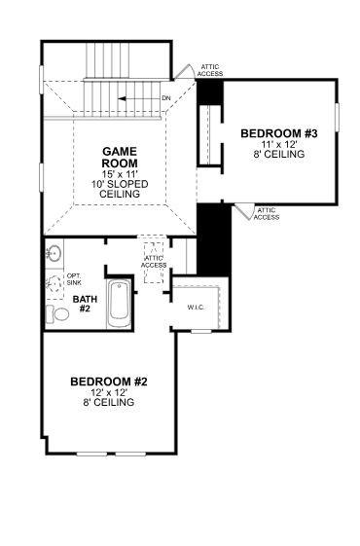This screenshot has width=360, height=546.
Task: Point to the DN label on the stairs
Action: click(x=165, y=99)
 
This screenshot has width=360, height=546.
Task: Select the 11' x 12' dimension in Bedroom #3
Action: click(x=267, y=142)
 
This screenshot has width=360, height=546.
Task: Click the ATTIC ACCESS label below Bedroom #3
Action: click(x=267, y=213)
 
